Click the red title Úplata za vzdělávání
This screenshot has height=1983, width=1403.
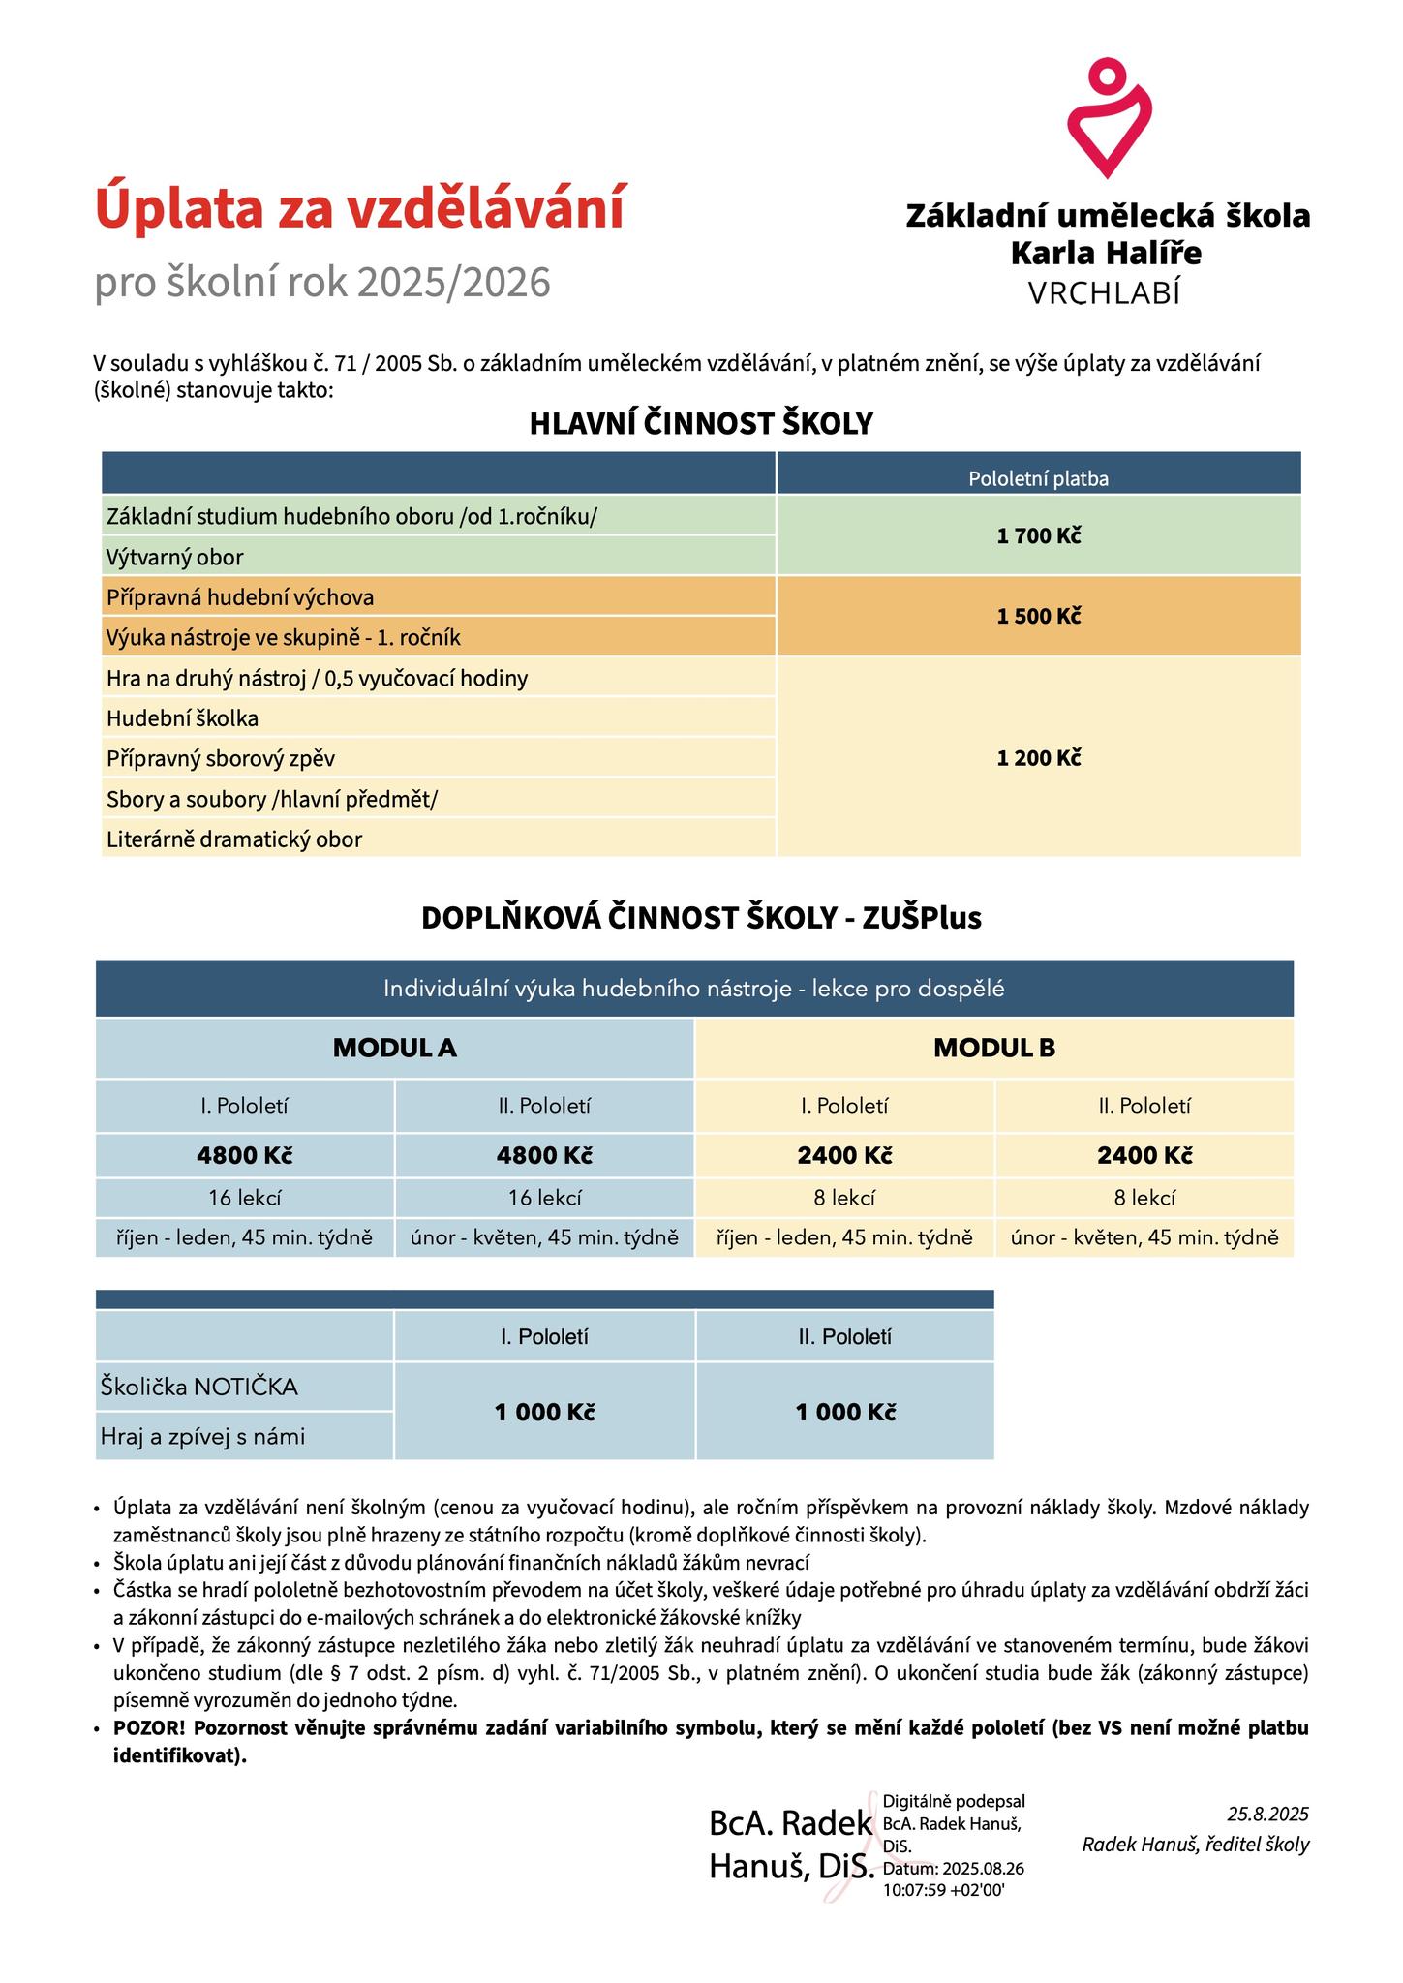[x=359, y=210]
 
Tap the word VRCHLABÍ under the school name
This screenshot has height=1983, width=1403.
[x=1105, y=293]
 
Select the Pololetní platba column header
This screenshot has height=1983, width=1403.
[x=1038, y=478]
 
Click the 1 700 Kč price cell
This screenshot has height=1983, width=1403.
[x=1038, y=535]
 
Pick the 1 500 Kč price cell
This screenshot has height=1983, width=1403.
[x=1038, y=616]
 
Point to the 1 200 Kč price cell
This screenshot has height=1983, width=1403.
[x=1038, y=757]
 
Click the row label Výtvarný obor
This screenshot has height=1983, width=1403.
[x=175, y=557]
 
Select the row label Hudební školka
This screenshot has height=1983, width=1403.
[x=183, y=718]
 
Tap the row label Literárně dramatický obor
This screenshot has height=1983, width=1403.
[x=234, y=839]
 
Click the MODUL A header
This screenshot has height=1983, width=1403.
[x=394, y=1047]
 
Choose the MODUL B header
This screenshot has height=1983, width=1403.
[x=993, y=1047]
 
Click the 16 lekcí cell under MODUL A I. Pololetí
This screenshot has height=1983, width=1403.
[x=245, y=1198]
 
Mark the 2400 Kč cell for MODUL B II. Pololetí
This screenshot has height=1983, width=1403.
[x=1144, y=1155]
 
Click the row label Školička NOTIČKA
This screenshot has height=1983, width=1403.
[x=198, y=1387]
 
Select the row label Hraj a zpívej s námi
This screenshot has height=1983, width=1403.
[x=202, y=1437]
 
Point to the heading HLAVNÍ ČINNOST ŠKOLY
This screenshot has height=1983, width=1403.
[x=701, y=424]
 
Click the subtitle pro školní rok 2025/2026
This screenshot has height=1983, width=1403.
[x=322, y=282]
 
